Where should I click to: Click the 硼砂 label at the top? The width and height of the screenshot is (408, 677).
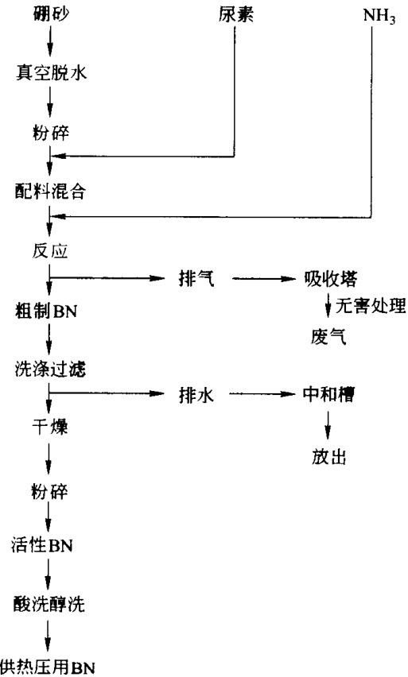click(51, 14)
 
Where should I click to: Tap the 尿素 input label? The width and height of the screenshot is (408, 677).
click(235, 14)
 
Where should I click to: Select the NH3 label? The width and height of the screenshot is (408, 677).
click(379, 17)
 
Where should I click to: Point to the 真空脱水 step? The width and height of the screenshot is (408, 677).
click(51, 72)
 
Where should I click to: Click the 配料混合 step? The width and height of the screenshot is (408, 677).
click(50, 191)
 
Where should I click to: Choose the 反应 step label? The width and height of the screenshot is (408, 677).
click(50, 250)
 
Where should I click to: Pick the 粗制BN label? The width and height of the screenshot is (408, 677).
click(46, 311)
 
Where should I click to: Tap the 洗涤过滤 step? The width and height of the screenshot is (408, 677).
click(50, 369)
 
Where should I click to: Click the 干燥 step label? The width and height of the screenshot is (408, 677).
click(50, 427)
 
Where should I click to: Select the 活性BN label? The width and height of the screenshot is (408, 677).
click(42, 545)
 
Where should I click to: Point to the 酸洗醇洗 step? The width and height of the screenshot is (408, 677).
click(49, 605)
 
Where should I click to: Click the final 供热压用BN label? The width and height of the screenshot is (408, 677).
click(48, 667)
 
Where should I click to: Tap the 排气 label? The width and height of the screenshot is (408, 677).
click(196, 278)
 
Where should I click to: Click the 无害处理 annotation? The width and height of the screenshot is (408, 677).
click(371, 306)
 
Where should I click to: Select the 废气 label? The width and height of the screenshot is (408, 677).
click(328, 337)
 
